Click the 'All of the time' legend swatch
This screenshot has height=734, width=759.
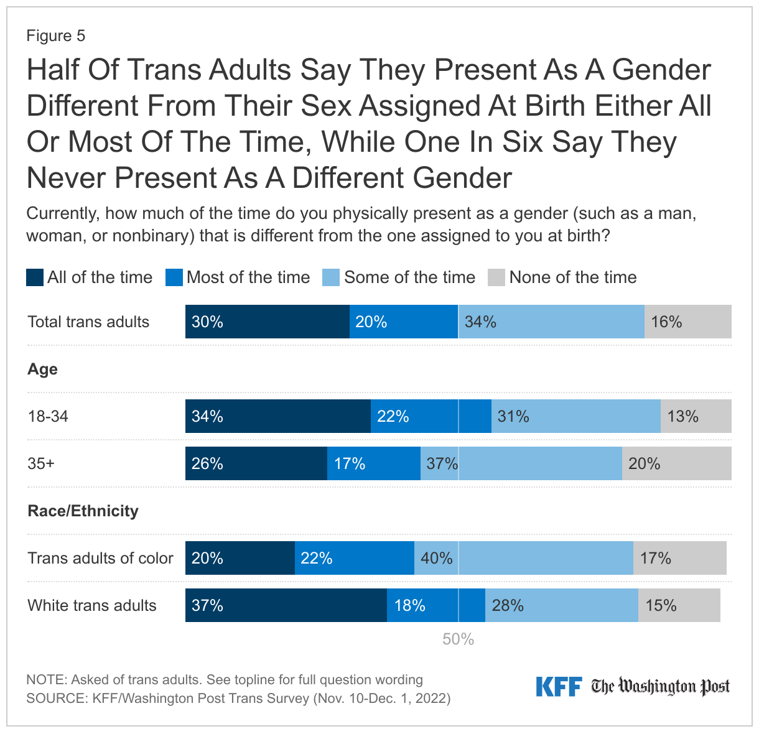tap(35, 277)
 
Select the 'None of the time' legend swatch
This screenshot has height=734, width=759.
tap(496, 277)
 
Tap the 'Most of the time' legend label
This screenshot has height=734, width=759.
tap(248, 277)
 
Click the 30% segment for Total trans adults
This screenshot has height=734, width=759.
tap(268, 322)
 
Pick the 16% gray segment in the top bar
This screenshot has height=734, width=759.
tap(687, 322)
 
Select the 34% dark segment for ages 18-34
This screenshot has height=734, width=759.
tap(278, 416)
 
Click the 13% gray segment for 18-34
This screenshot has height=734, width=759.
tap(696, 416)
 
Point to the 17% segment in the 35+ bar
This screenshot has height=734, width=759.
tap(374, 463)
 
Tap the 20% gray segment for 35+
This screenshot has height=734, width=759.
tap(676, 463)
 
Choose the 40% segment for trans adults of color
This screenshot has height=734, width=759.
tap(524, 558)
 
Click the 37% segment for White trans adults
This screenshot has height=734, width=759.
tap(286, 605)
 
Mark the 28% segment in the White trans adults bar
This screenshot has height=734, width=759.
tap(561, 605)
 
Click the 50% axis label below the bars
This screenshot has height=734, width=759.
tap(459, 639)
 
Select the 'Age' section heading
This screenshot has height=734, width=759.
tap(42, 369)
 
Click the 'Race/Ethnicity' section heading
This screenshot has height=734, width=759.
tap(83, 511)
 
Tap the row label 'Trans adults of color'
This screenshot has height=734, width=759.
tap(100, 558)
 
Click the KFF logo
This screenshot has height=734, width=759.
tap(559, 687)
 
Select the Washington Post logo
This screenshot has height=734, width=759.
tap(660, 687)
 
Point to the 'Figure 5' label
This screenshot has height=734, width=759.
tap(55, 36)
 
